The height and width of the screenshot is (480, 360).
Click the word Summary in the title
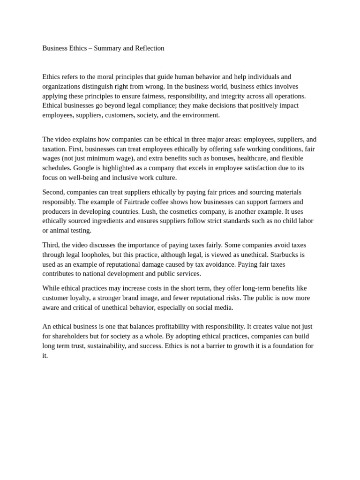pyautogui.click(x=107, y=48)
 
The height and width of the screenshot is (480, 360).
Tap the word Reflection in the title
pyautogui.click(x=148, y=48)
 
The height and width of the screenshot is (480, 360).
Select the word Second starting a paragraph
pyautogui.click(x=53, y=192)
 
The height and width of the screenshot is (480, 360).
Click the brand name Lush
pyautogui.click(x=149, y=211)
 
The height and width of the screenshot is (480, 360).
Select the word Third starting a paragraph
pyautogui.click(x=50, y=245)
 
